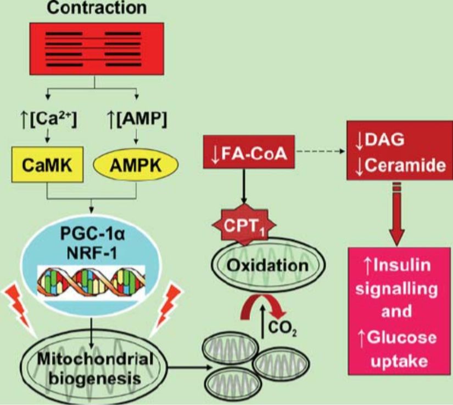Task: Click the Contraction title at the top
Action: click(x=96, y=8)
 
